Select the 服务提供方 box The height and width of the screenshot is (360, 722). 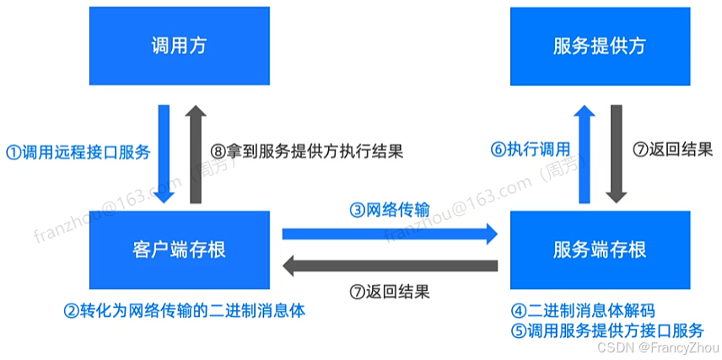600,46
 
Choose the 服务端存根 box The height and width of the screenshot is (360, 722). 600,250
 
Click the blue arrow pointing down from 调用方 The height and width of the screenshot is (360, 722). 164,153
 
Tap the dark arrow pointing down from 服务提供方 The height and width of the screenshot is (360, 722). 617,153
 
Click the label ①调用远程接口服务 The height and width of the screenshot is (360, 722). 78,153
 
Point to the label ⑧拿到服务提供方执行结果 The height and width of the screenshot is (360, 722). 307,153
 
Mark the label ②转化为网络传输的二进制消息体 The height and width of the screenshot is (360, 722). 184,310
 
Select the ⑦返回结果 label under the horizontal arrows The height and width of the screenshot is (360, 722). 389,293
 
